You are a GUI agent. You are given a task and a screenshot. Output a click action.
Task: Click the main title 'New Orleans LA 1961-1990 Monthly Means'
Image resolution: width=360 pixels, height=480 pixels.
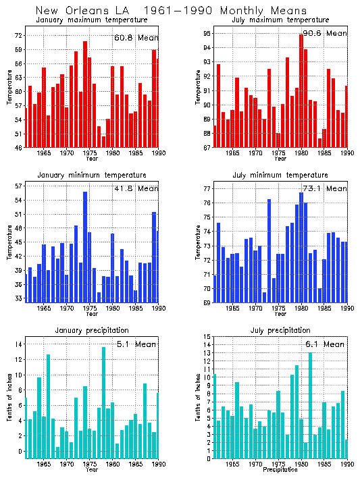tap(161, 10)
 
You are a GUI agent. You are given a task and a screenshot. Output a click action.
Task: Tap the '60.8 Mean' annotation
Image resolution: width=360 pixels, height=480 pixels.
tap(136, 38)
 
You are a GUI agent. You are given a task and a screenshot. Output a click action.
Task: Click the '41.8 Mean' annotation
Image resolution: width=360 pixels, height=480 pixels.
tap(136, 190)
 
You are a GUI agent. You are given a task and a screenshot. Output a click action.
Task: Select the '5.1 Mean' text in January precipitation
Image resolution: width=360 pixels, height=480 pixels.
tap(136, 344)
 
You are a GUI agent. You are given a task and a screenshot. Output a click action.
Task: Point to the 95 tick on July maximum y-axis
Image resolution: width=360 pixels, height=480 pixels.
tap(207, 33)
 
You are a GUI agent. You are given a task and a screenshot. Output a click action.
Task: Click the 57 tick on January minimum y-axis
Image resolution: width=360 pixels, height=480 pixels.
tap(20, 186)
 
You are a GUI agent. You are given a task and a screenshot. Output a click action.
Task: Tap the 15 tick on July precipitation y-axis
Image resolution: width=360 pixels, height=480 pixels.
tap(207, 337)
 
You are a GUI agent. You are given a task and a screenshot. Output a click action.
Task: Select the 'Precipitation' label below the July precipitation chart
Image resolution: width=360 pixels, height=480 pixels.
tap(280, 469)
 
